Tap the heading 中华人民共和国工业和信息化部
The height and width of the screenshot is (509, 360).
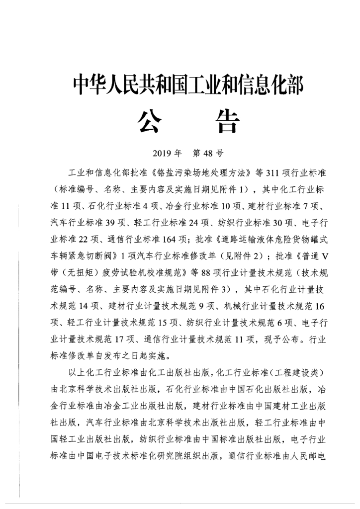(x=188, y=85)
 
